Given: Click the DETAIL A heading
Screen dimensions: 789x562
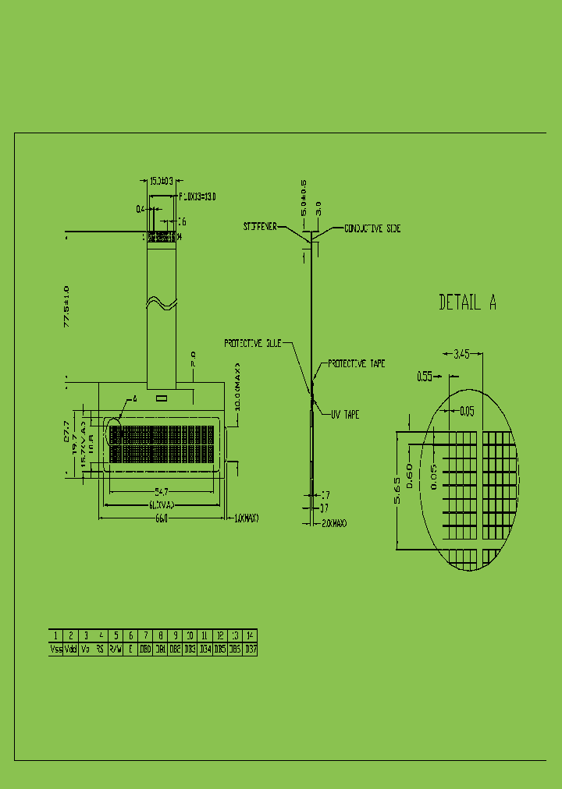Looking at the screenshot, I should click(468, 303).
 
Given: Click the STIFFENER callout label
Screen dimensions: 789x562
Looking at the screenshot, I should click(259, 226).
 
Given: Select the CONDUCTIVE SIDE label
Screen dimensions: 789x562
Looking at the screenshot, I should click(372, 228).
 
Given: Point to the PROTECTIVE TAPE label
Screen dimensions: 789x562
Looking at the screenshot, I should click(356, 364).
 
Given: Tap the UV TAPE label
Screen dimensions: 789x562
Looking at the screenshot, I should click(344, 416).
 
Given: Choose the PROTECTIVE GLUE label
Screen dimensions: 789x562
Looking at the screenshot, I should click(253, 342).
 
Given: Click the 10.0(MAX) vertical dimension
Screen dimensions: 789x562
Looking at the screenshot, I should click(238, 387).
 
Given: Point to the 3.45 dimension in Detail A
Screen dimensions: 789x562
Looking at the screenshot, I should click(461, 354).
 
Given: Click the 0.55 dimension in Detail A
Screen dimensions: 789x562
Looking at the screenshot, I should click(425, 377).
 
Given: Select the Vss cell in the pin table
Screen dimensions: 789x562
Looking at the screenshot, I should click(56, 649).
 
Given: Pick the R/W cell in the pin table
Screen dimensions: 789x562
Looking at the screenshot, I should click(116, 649).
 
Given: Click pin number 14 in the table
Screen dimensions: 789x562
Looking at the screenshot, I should click(250, 635).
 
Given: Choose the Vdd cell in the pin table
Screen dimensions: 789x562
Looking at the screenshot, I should click(71, 649).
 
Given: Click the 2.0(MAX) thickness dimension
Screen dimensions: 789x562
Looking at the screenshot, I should click(334, 523).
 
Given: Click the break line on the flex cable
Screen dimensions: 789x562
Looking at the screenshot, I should click(161, 303).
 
